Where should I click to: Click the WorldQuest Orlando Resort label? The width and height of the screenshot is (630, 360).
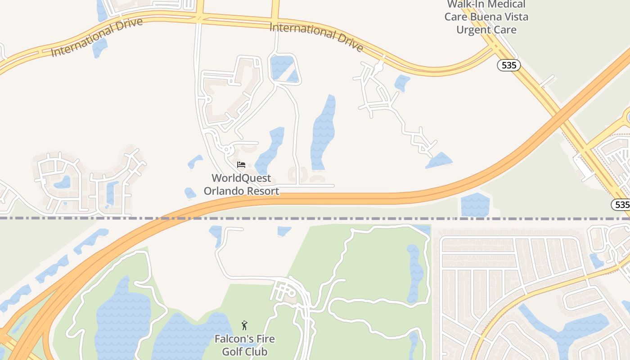click(x=242, y=184)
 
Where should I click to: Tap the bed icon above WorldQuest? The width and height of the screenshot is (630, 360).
click(x=241, y=165)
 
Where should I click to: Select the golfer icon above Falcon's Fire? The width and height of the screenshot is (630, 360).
click(x=244, y=325)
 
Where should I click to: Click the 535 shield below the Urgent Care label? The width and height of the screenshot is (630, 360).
click(x=508, y=65)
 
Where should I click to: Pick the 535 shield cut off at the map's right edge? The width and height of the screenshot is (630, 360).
click(x=621, y=205)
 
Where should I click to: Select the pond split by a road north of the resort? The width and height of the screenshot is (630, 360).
click(x=283, y=69)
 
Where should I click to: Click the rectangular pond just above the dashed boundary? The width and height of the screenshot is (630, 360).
click(x=475, y=205)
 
